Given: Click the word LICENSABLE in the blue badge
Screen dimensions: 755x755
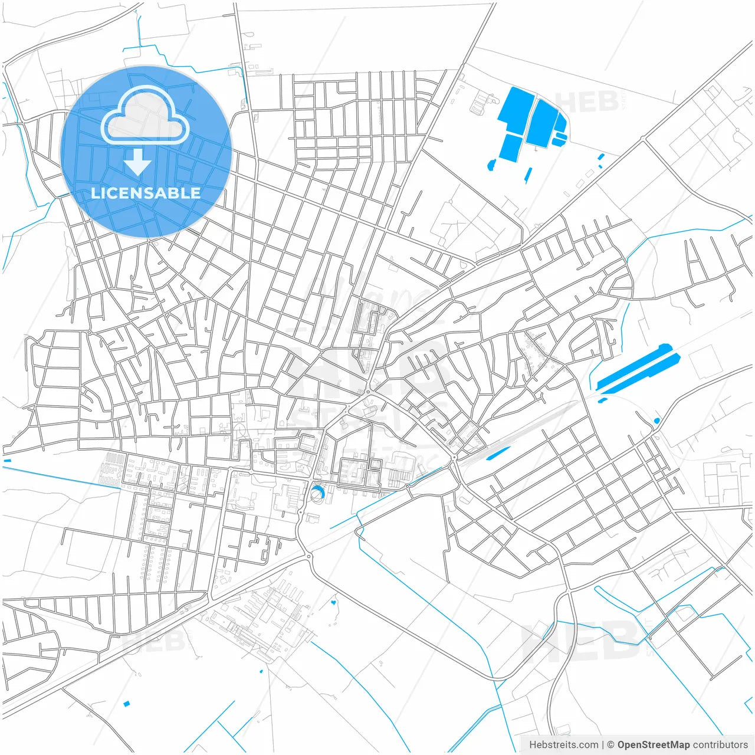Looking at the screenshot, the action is pyautogui.click(x=146, y=193).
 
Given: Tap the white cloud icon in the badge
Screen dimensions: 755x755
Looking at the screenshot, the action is pyautogui.click(x=145, y=116).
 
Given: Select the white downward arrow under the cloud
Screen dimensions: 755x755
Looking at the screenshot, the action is pyautogui.click(x=137, y=162).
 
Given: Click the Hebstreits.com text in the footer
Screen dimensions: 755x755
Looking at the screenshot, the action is pyautogui.click(x=563, y=744).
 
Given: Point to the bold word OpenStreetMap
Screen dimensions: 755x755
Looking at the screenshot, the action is pyautogui.click(x=653, y=744).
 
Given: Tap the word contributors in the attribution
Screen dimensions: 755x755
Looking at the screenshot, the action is pyautogui.click(x=720, y=744).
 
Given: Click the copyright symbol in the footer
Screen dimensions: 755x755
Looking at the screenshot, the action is pyautogui.click(x=610, y=744).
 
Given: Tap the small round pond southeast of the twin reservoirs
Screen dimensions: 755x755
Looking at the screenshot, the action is pyautogui.click(x=656, y=421).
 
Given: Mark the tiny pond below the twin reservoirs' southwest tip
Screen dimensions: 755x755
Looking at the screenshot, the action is pyautogui.click(x=602, y=401).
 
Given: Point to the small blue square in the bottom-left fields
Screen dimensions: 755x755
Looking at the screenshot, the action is pyautogui.click(x=126, y=703).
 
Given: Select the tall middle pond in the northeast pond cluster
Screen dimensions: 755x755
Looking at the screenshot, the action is pyautogui.click(x=541, y=123).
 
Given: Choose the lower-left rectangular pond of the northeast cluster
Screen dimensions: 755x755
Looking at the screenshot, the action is pyautogui.click(x=510, y=147).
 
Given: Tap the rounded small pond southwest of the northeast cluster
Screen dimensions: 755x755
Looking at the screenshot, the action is pyautogui.click(x=491, y=165).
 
